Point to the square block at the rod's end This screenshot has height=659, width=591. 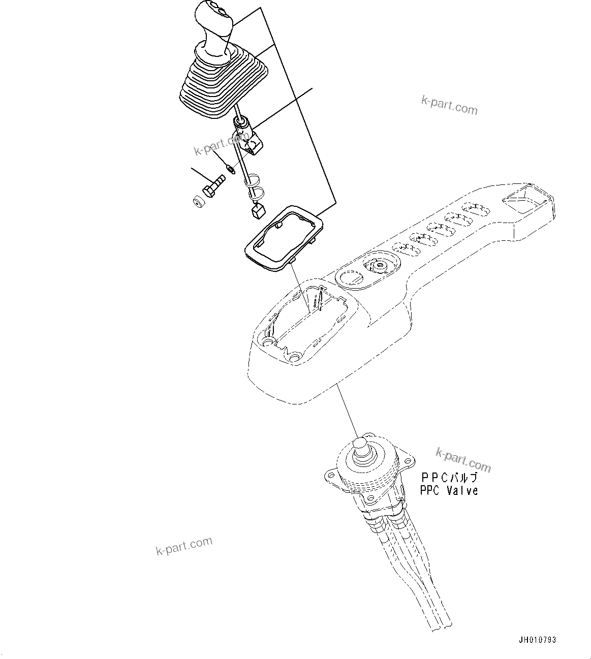click(259, 211)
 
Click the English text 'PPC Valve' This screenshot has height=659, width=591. click(449, 491)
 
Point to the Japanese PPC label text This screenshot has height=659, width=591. click(449, 478)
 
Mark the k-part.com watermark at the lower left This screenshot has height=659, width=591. click(184, 546)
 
